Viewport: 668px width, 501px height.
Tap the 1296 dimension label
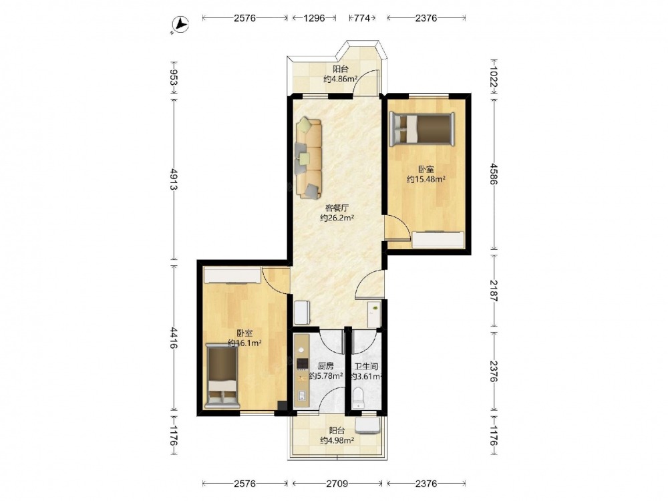tap(315, 18)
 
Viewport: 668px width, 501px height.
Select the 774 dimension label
tap(362, 18)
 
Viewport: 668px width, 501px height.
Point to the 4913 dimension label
tap(174, 179)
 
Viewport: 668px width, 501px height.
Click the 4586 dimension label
tap(494, 174)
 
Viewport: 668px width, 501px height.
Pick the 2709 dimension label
tap(337, 484)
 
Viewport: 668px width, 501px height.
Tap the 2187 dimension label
tap(494, 291)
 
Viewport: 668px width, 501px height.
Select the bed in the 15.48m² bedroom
tap(422, 128)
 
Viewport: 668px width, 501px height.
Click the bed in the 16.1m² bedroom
tap(222, 375)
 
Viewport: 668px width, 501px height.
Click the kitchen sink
tap(302, 395)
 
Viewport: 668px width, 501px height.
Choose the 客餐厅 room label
tap(337, 208)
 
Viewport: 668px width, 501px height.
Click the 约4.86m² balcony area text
tap(340, 79)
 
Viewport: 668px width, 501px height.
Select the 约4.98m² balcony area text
tap(337, 440)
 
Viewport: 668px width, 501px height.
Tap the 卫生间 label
tap(366, 366)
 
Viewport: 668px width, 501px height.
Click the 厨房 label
tap(325, 366)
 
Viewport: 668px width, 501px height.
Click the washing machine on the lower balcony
tap(367, 426)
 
